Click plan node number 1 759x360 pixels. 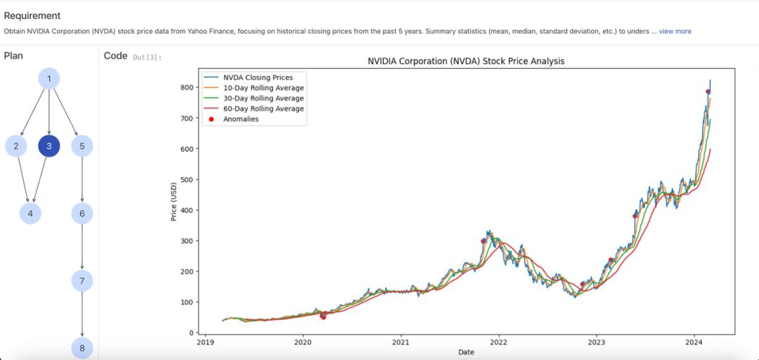click(x=48, y=78)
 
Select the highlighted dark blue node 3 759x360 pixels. click(x=48, y=146)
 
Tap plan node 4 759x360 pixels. click(x=30, y=213)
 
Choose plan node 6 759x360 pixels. click(x=82, y=213)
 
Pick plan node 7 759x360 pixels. click(x=82, y=281)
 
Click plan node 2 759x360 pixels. click(x=15, y=146)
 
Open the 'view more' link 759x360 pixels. click(x=675, y=31)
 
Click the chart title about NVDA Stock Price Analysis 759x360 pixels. click(x=466, y=61)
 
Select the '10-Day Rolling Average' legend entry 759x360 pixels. click(x=264, y=88)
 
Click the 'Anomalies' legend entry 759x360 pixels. click(x=241, y=119)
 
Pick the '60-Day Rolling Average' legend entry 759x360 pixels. click(x=264, y=109)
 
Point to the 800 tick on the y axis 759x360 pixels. click(x=186, y=87)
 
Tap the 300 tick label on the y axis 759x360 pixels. click(x=186, y=240)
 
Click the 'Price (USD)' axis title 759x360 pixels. click(x=174, y=201)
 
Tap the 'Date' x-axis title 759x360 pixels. click(x=466, y=352)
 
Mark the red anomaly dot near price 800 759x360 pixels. click(x=708, y=91)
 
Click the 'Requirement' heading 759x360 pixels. click(x=32, y=15)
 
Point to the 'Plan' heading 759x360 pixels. click(x=14, y=56)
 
